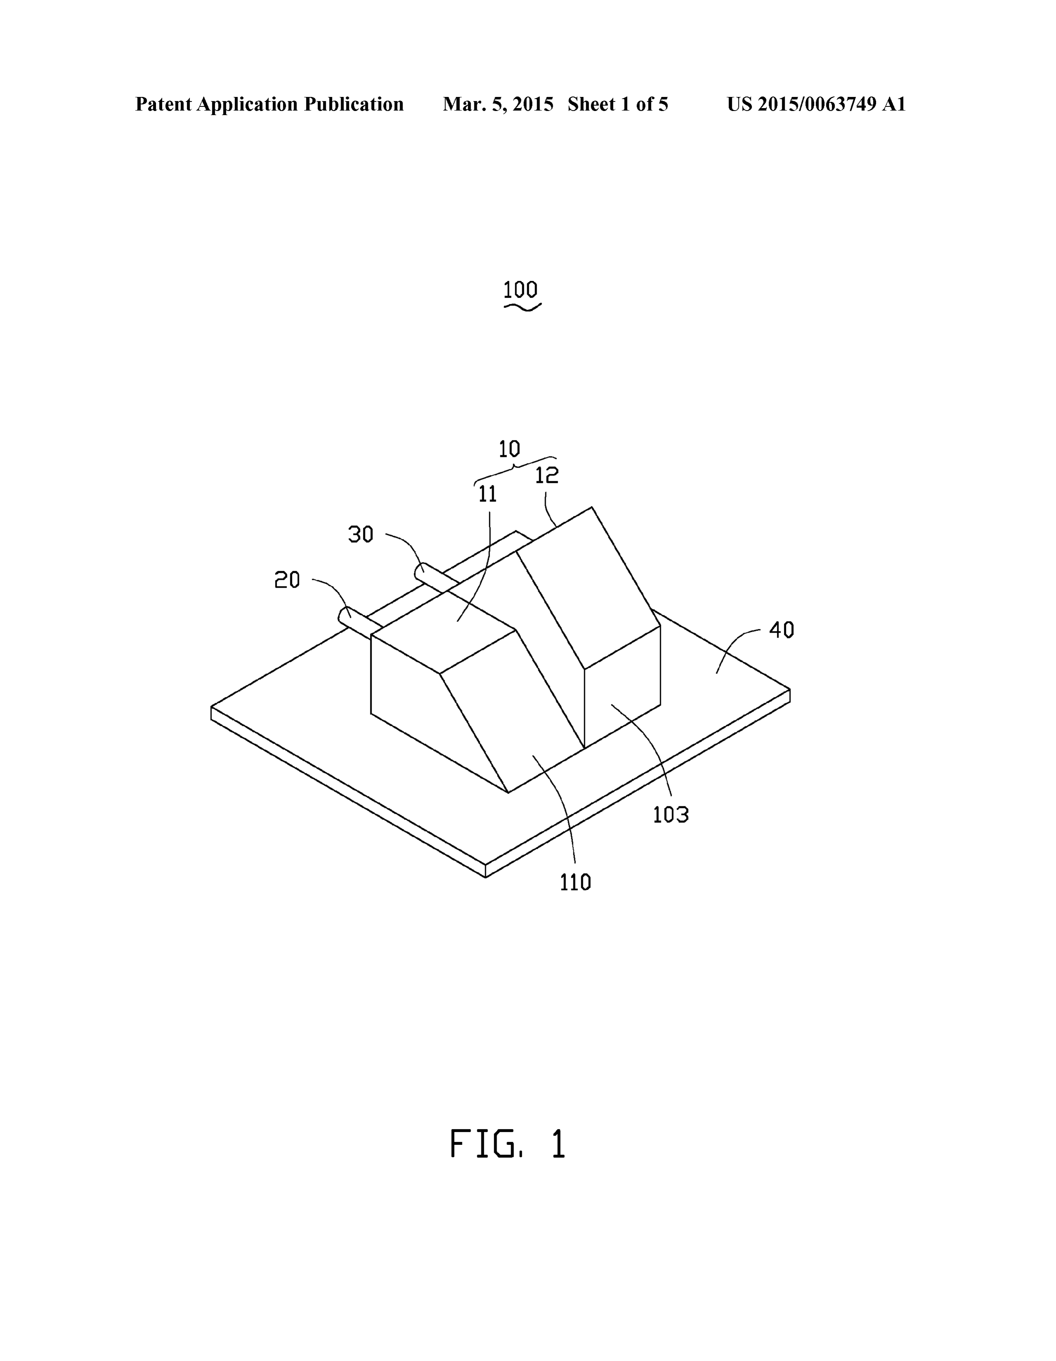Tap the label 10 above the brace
click(x=509, y=449)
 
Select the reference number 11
click(x=488, y=494)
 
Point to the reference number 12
click(x=547, y=476)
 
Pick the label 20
click(x=288, y=580)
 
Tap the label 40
click(x=781, y=630)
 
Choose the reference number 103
click(x=671, y=815)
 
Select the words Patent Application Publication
click(x=269, y=104)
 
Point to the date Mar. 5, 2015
click(x=498, y=104)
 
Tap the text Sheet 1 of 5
click(x=618, y=104)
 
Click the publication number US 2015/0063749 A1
click(x=816, y=104)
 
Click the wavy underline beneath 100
click(x=522, y=306)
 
